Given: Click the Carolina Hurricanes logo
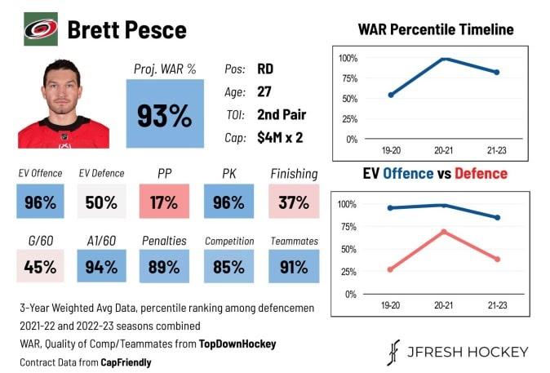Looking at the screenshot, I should point(40,29).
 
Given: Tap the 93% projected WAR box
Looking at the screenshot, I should point(164,114).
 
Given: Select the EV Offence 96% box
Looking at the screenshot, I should point(40,202).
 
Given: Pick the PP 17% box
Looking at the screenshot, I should point(164,202).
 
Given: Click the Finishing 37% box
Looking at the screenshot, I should point(293,202).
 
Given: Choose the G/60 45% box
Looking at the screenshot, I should point(40,266).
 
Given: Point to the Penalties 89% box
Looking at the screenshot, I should point(164,266).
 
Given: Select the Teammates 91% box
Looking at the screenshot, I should point(293,266).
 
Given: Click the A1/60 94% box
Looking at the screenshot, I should point(101,266).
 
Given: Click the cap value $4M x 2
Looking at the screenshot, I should point(280,137).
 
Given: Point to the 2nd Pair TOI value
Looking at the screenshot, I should point(282,114).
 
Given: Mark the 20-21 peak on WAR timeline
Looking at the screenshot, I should point(444,59).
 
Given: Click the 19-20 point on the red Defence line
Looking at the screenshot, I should point(390,269).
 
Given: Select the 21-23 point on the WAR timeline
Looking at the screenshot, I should point(496,73).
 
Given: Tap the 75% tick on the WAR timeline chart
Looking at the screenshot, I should point(348,78).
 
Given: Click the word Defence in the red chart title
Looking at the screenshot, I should point(481,174).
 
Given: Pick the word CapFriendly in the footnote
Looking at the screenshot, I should point(127,361).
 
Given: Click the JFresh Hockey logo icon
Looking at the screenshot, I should point(393,352).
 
